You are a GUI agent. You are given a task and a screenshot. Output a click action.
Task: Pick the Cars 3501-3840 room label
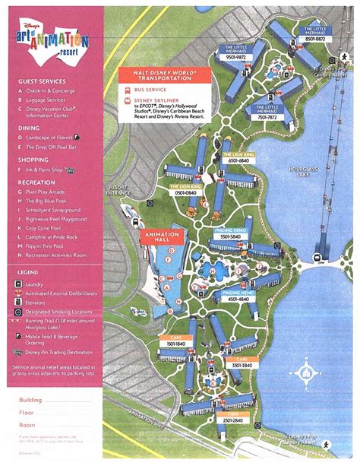click(242, 365)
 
